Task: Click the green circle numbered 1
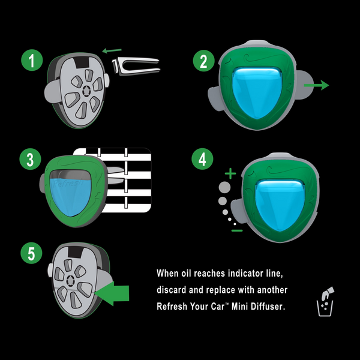click(x=31, y=61)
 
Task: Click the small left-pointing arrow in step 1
click(x=112, y=52)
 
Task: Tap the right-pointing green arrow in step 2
click(x=316, y=86)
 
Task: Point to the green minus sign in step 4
click(x=236, y=230)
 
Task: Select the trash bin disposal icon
click(x=325, y=301)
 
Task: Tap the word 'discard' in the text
click(x=172, y=290)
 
